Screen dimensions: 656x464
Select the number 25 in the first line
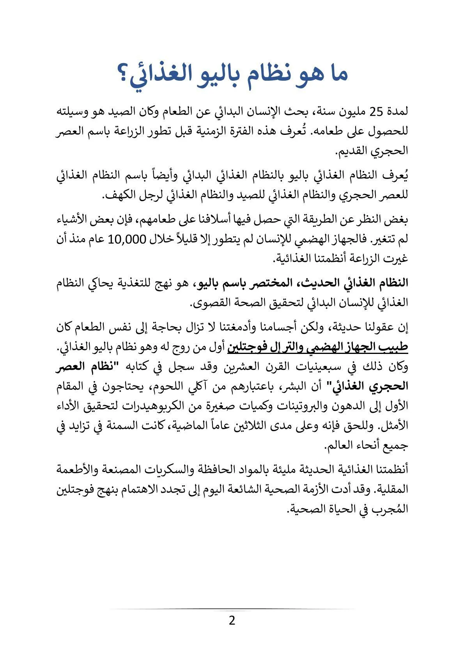(377, 112)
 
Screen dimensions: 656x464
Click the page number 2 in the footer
(232, 620)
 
